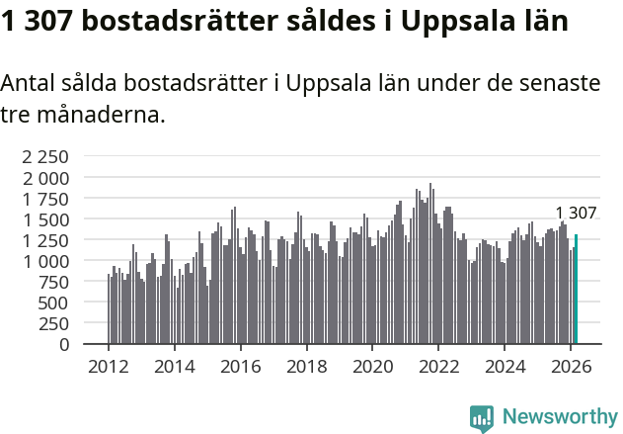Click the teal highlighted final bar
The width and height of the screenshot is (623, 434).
coord(576,290)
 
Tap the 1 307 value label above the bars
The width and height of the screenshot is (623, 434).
coord(576,214)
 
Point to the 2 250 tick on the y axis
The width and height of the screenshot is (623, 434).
coord(45,156)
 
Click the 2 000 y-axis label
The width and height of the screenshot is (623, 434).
coord(45,178)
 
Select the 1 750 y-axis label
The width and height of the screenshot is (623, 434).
coord(45,199)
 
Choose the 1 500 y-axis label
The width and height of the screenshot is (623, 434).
coord(45,219)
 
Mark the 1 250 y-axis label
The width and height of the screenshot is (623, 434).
coord(45,240)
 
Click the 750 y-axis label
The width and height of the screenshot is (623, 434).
coord(51,282)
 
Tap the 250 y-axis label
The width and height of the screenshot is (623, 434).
coord(51,323)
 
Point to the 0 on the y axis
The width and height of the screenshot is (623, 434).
coord(63,344)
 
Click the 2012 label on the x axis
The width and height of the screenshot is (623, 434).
coord(108,367)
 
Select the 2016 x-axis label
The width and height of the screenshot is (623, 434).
coord(240,367)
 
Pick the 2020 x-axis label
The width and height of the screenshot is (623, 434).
coord(372,367)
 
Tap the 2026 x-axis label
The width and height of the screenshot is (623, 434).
coord(571,367)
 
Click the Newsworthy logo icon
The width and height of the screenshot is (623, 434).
coord(482,418)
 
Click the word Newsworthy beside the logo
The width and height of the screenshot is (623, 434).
coord(559,418)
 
